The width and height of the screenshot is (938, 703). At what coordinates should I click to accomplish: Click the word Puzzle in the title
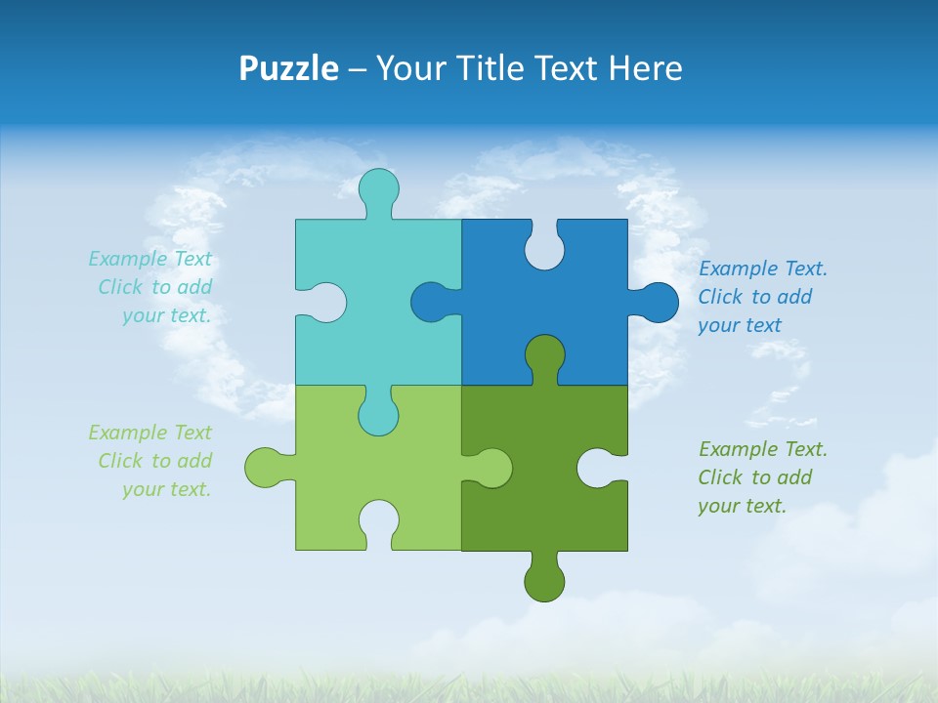pos(289,68)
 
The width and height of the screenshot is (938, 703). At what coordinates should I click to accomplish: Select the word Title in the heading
pos(497,68)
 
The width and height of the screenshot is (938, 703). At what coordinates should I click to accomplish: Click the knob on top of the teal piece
pos(378,189)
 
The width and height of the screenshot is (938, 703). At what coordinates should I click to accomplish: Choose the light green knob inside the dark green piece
pos(491,468)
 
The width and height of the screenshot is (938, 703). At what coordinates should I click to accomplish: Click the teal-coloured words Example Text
pos(149,259)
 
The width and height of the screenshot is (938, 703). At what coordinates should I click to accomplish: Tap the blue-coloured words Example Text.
pos(763,269)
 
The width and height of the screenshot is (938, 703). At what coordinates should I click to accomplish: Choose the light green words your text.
pos(166,489)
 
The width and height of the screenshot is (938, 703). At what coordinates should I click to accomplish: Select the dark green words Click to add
pos(754,477)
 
